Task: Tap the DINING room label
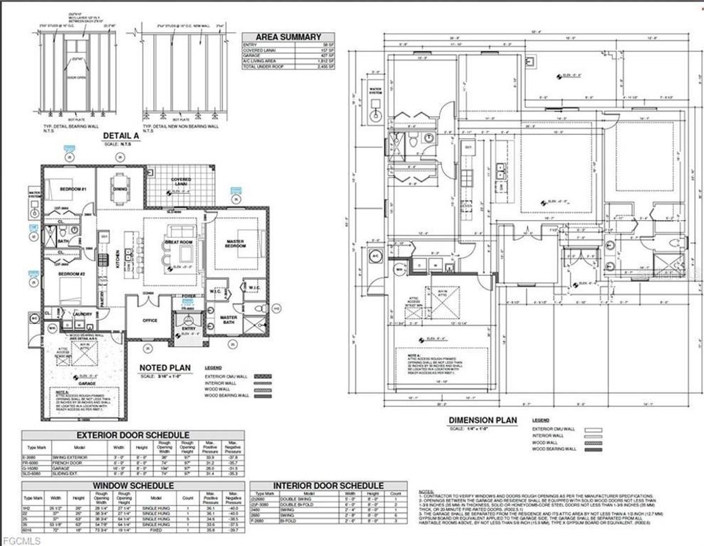click(120, 188)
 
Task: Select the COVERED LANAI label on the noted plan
click(181, 181)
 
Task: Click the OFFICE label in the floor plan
click(151, 320)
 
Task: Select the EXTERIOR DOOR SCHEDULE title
click(133, 435)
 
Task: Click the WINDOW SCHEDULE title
click(133, 485)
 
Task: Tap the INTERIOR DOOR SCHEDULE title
click(329, 485)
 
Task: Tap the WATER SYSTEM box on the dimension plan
click(376, 89)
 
